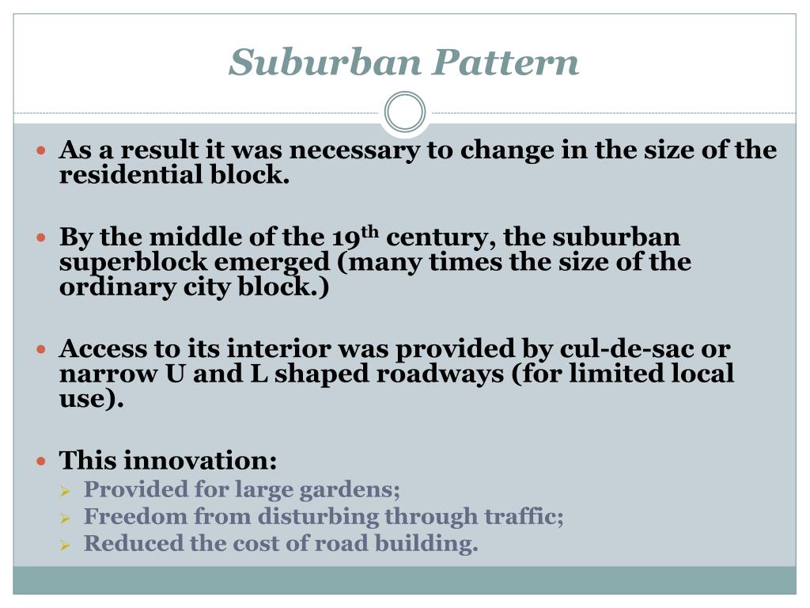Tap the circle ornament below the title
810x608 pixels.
[405, 112]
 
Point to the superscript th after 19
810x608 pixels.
[370, 232]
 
